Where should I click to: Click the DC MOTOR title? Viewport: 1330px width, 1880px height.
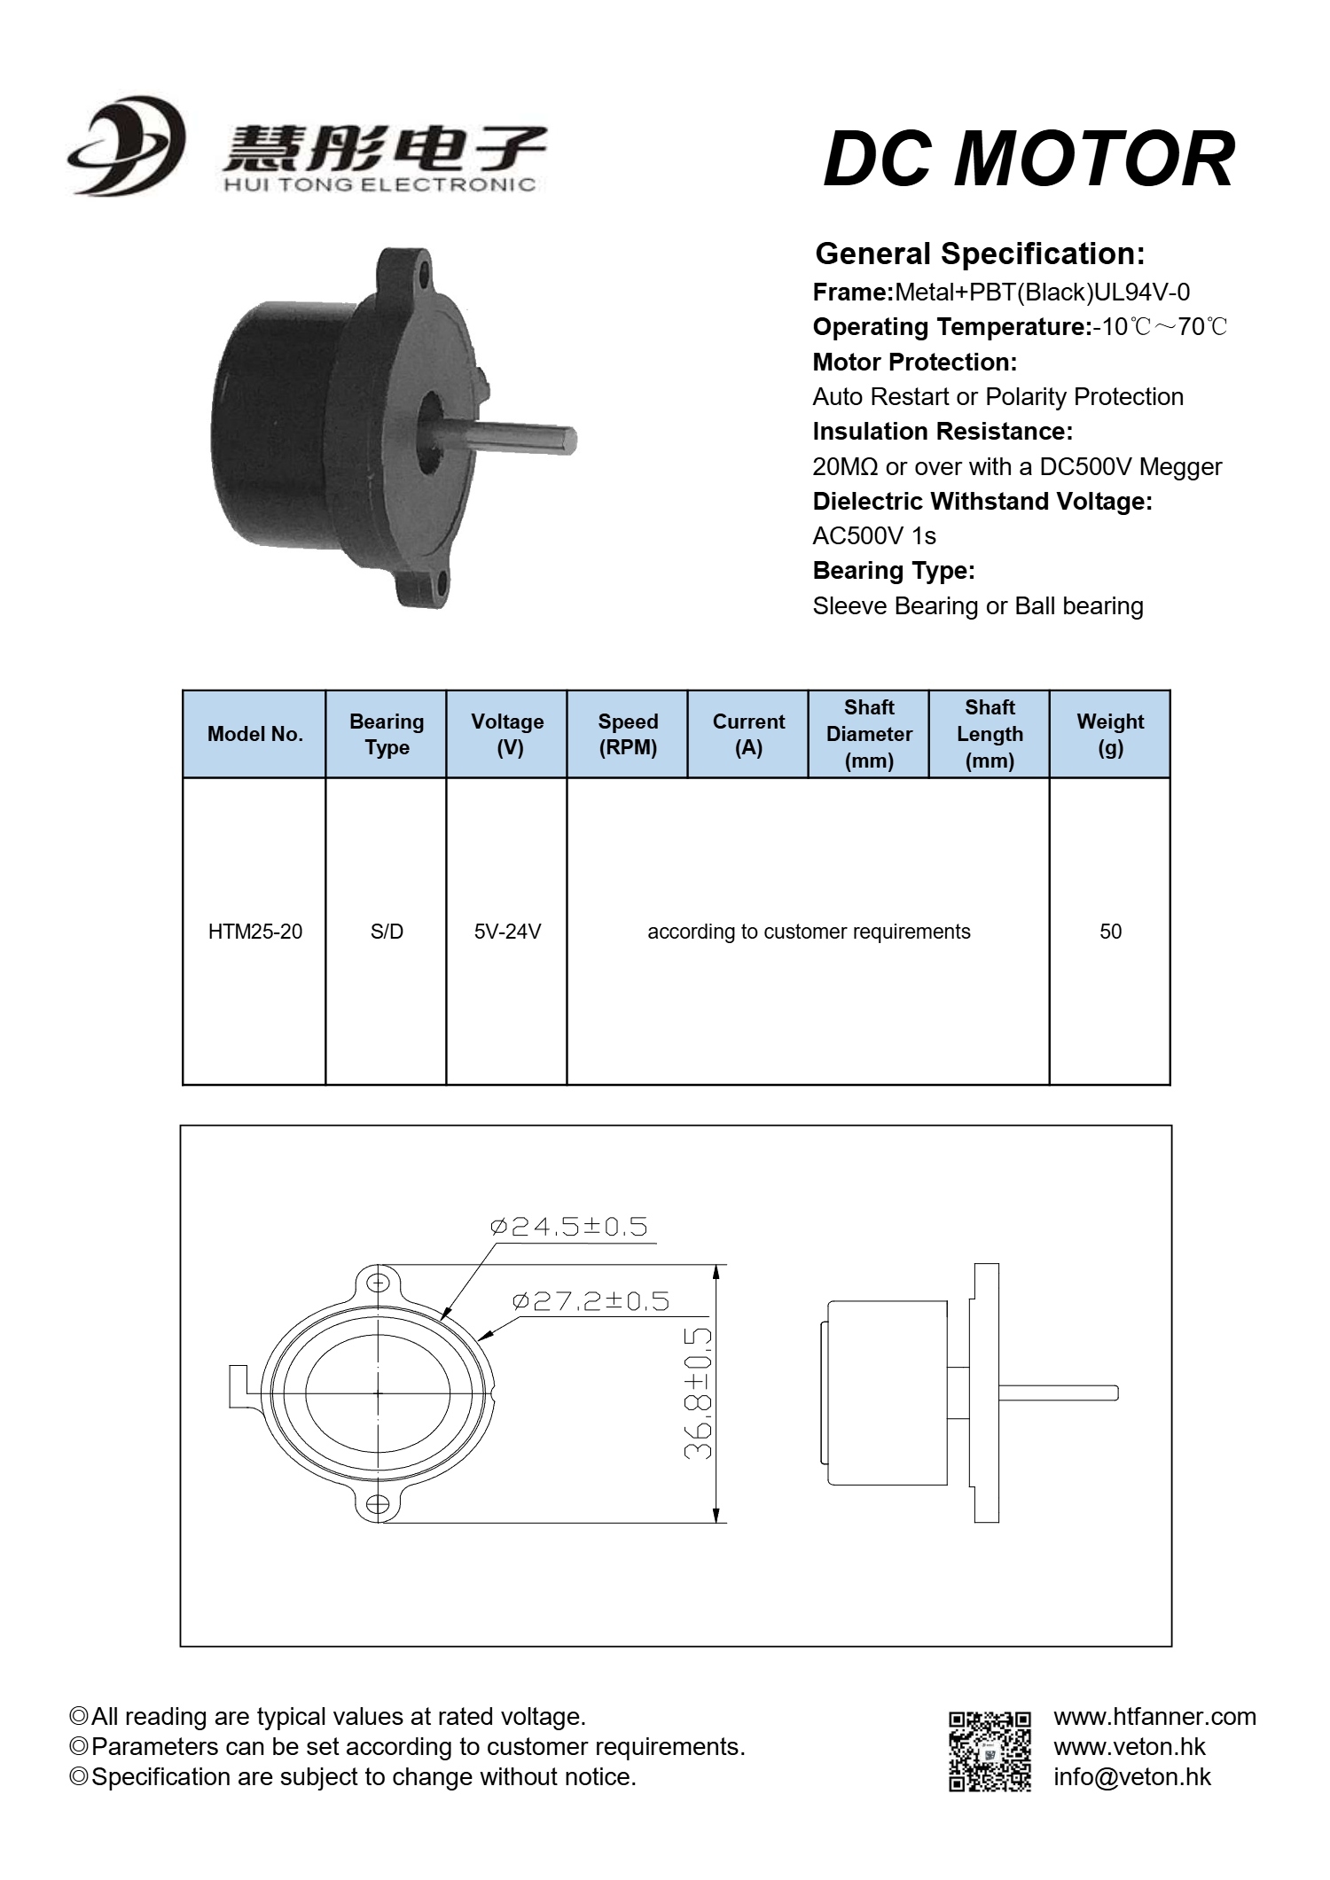click(x=1029, y=160)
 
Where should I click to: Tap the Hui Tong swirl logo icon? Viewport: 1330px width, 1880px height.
click(x=127, y=146)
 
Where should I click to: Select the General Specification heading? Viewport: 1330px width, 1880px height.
click(x=980, y=254)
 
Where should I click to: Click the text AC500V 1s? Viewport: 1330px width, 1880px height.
click(x=873, y=536)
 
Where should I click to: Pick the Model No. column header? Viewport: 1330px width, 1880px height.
click(x=254, y=734)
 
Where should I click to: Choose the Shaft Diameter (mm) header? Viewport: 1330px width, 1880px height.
click(x=869, y=734)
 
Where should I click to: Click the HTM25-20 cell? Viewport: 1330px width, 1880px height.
click(x=254, y=932)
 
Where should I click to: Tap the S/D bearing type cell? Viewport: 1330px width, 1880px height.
click(x=387, y=932)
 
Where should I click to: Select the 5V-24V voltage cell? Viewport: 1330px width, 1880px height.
click(x=507, y=932)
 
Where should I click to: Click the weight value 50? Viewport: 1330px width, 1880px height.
click(x=1110, y=932)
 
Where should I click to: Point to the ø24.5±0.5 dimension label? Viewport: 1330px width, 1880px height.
click(x=569, y=1227)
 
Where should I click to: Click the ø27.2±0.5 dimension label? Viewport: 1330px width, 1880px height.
click(x=591, y=1301)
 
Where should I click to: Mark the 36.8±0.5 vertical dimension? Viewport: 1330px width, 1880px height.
click(x=699, y=1393)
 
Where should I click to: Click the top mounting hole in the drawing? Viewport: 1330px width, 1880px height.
click(x=379, y=1283)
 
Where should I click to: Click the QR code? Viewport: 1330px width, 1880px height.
click(x=990, y=1751)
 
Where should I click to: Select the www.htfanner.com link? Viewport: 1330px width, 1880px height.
click(x=1154, y=1717)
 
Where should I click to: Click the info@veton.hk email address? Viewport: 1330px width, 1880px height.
click(x=1131, y=1777)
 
